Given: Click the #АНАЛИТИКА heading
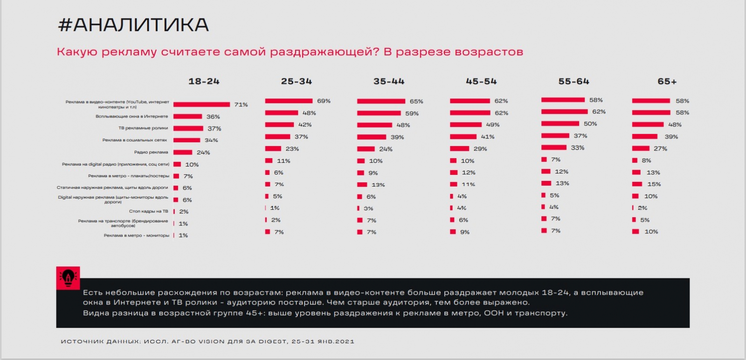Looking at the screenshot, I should point(133,25).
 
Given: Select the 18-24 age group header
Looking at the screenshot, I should point(204,82).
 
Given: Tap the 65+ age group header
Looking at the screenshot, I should point(667,82).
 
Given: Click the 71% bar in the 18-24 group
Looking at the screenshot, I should point(201,104).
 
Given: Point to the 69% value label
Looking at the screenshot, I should point(324,101).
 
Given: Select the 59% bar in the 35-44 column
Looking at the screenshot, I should point(379,113).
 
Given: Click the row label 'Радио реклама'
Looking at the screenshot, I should point(151,152).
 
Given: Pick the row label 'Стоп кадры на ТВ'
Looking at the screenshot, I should point(148,211).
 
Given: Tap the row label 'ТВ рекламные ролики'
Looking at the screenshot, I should point(143,128).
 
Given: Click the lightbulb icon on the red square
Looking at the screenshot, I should point(68,278).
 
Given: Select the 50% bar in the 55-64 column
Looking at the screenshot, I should point(560,124).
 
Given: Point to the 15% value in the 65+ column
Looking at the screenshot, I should point(654,184).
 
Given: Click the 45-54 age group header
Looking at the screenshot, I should point(481,82).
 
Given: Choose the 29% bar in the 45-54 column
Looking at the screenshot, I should point(459,149).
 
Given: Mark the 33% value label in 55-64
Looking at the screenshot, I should point(577,148).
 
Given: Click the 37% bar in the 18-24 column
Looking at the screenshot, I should point(188,128).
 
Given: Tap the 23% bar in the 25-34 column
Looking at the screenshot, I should point(273,149).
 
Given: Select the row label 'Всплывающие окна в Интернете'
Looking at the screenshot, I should point(131,117).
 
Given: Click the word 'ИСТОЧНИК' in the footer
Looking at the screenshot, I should point(82,342).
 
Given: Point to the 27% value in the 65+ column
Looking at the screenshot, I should point(660,149).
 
